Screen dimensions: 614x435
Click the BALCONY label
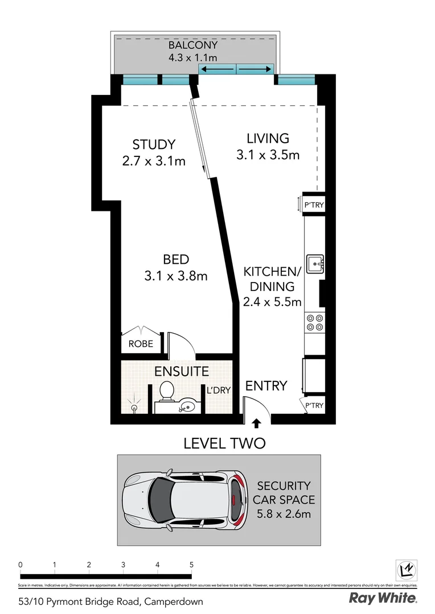(x=192, y=45)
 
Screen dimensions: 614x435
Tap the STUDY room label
(x=154, y=144)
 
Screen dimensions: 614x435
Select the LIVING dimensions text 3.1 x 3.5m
(x=268, y=155)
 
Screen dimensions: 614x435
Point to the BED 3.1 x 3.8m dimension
(x=176, y=276)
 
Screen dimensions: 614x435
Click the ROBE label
(x=139, y=344)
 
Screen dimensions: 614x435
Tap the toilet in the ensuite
(x=167, y=391)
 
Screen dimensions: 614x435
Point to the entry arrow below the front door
(x=256, y=423)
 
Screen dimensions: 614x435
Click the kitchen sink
(x=315, y=264)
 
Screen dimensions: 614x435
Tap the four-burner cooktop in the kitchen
(x=315, y=323)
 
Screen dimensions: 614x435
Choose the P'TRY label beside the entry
(x=314, y=405)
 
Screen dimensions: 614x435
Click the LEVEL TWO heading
(x=224, y=443)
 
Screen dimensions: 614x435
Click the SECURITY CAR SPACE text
(x=283, y=493)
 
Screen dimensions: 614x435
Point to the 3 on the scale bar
(x=123, y=565)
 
